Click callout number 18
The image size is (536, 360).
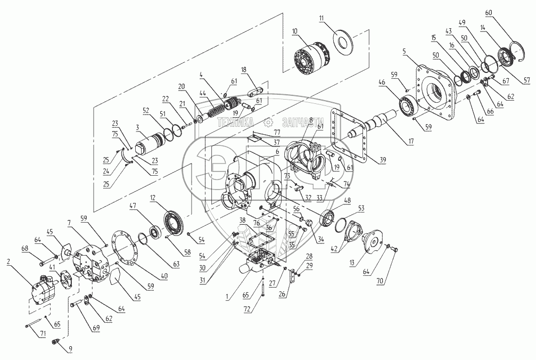click(243, 70)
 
